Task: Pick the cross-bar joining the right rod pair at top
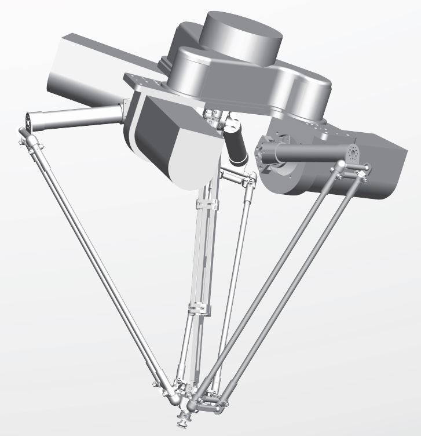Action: tap(350, 170)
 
